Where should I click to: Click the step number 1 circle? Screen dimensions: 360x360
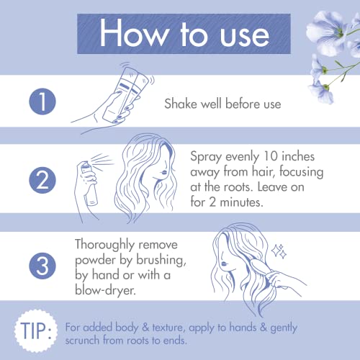click(42, 102)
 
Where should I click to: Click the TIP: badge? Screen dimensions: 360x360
click(33, 331)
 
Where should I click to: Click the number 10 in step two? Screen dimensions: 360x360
click(273, 155)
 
